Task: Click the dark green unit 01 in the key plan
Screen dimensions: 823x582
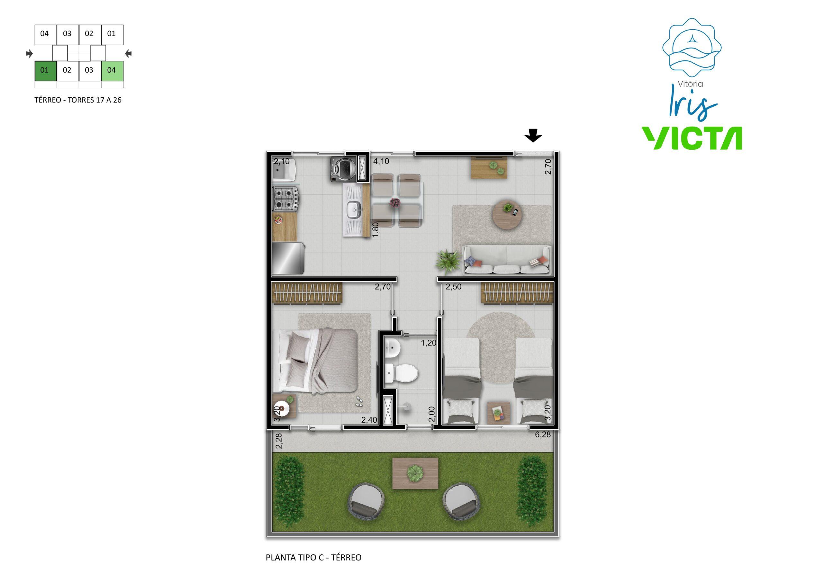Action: [x=46, y=71]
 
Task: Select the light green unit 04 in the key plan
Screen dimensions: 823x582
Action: [x=112, y=71]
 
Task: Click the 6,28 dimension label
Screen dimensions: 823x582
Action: [x=543, y=435]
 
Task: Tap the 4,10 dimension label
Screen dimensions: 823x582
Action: [x=381, y=161]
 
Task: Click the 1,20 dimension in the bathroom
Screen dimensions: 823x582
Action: [x=428, y=343]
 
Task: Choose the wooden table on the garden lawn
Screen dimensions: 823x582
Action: [x=415, y=473]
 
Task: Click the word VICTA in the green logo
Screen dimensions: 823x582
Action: [x=692, y=138]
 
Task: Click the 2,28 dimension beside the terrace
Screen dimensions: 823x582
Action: [x=279, y=441]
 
